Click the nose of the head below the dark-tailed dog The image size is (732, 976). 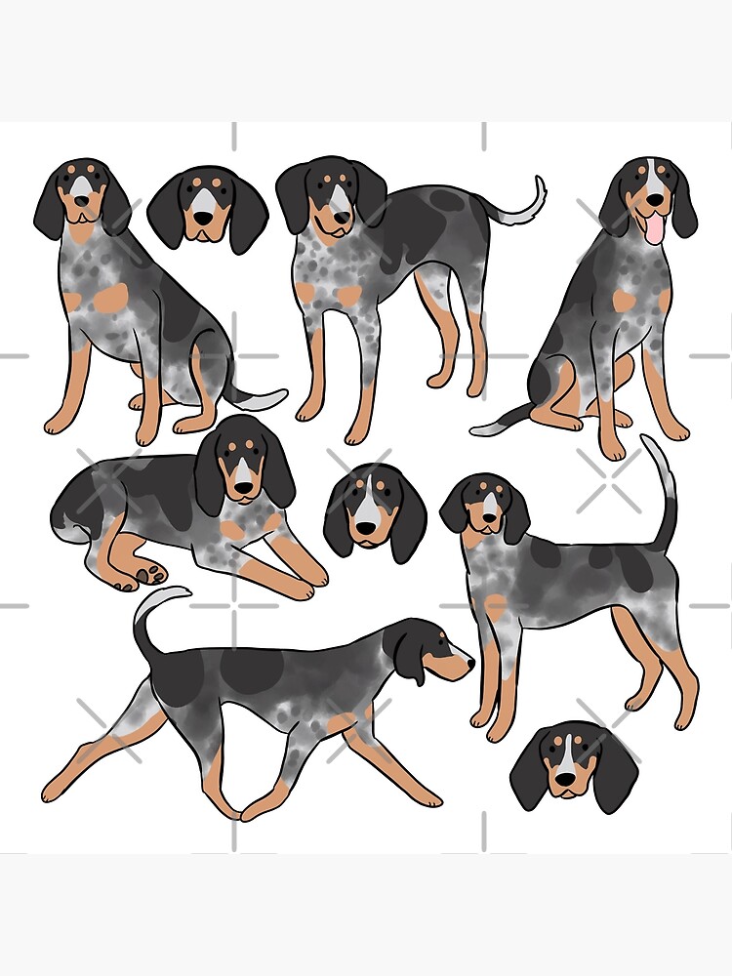(x=564, y=781)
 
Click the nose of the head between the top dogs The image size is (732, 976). (x=204, y=224)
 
